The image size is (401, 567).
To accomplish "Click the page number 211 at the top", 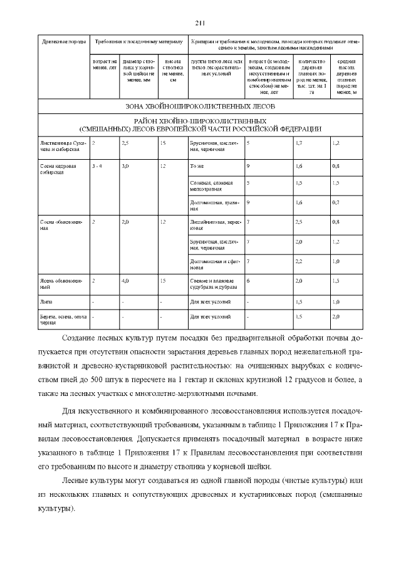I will coord(200,23).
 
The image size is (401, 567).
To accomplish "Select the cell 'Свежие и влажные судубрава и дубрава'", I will coord(214,283).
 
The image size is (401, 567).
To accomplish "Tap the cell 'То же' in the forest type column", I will coord(196,166).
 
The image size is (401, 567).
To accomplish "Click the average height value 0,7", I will coord(336,202).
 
